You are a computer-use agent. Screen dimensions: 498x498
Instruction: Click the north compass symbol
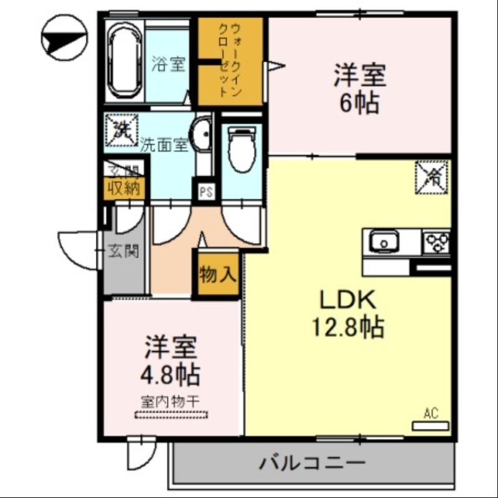point(63,39)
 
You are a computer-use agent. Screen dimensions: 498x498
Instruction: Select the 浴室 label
point(169,63)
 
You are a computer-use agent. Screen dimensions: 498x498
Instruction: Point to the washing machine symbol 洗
point(121,130)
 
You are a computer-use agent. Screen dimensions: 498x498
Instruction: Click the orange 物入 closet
point(218,274)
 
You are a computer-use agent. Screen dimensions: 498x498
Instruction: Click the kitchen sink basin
point(385,241)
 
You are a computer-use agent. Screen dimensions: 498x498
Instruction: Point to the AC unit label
point(431,413)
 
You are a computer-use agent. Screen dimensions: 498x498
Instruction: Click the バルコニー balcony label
point(311,463)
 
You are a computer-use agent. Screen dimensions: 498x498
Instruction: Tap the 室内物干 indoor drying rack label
point(169,402)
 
